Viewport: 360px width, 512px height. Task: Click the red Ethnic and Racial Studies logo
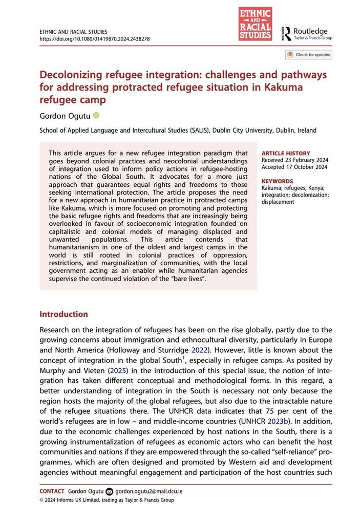point(255,24)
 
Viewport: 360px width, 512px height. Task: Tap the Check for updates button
point(309,55)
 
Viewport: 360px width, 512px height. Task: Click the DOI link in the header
point(94,38)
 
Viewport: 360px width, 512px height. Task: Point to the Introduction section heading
point(63,314)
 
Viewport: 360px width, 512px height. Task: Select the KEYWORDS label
point(277,181)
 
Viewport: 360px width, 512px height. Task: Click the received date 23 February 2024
point(304,160)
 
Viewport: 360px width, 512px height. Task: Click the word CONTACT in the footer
point(52,491)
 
